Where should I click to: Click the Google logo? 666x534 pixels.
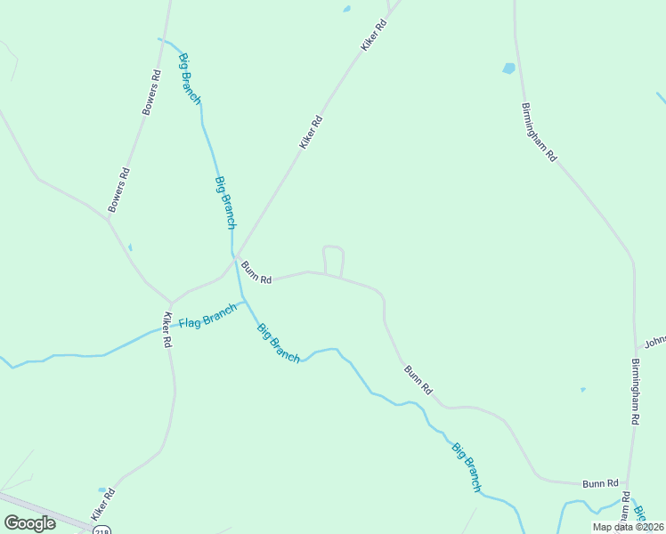(x=29, y=522)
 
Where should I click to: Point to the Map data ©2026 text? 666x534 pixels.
(x=628, y=527)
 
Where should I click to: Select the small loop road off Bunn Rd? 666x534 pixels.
(x=333, y=259)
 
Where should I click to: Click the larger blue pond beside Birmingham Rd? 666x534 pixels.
(x=508, y=68)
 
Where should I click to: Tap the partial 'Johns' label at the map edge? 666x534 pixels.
(x=655, y=342)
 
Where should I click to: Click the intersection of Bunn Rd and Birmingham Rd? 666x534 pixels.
(x=628, y=484)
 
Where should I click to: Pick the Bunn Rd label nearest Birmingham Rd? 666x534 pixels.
(x=600, y=483)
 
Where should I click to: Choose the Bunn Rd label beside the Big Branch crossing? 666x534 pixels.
(x=256, y=271)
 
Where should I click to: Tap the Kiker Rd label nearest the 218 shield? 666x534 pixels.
(x=103, y=504)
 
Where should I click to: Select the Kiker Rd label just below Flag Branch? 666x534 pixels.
(x=166, y=329)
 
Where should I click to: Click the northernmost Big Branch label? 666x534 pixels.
(x=190, y=79)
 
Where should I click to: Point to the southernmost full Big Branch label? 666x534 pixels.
(x=466, y=467)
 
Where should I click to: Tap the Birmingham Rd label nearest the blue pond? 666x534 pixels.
(x=539, y=132)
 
